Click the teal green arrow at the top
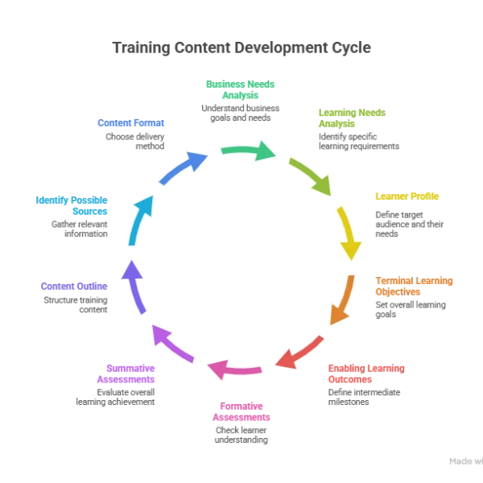click(248, 151)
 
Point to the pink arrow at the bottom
click(235, 369)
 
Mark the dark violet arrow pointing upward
click(134, 286)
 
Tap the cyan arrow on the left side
click(139, 220)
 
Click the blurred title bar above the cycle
click(242, 47)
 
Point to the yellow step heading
click(407, 197)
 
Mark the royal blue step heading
click(131, 123)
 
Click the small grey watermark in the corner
click(461, 463)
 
